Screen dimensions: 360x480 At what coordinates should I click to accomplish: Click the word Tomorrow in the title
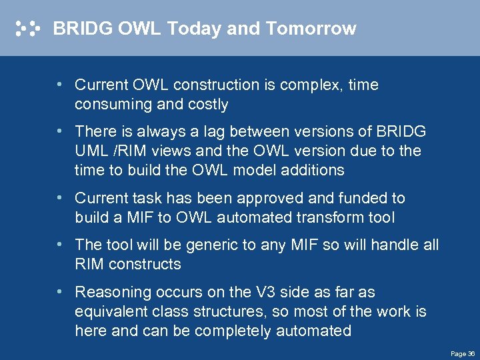311,29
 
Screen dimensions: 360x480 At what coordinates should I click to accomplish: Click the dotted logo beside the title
28,29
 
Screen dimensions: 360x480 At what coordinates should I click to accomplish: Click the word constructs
145,264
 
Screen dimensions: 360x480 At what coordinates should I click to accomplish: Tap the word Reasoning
108,293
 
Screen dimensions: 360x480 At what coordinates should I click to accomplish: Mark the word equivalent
108,312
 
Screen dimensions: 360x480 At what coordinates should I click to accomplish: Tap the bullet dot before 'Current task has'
60,198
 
